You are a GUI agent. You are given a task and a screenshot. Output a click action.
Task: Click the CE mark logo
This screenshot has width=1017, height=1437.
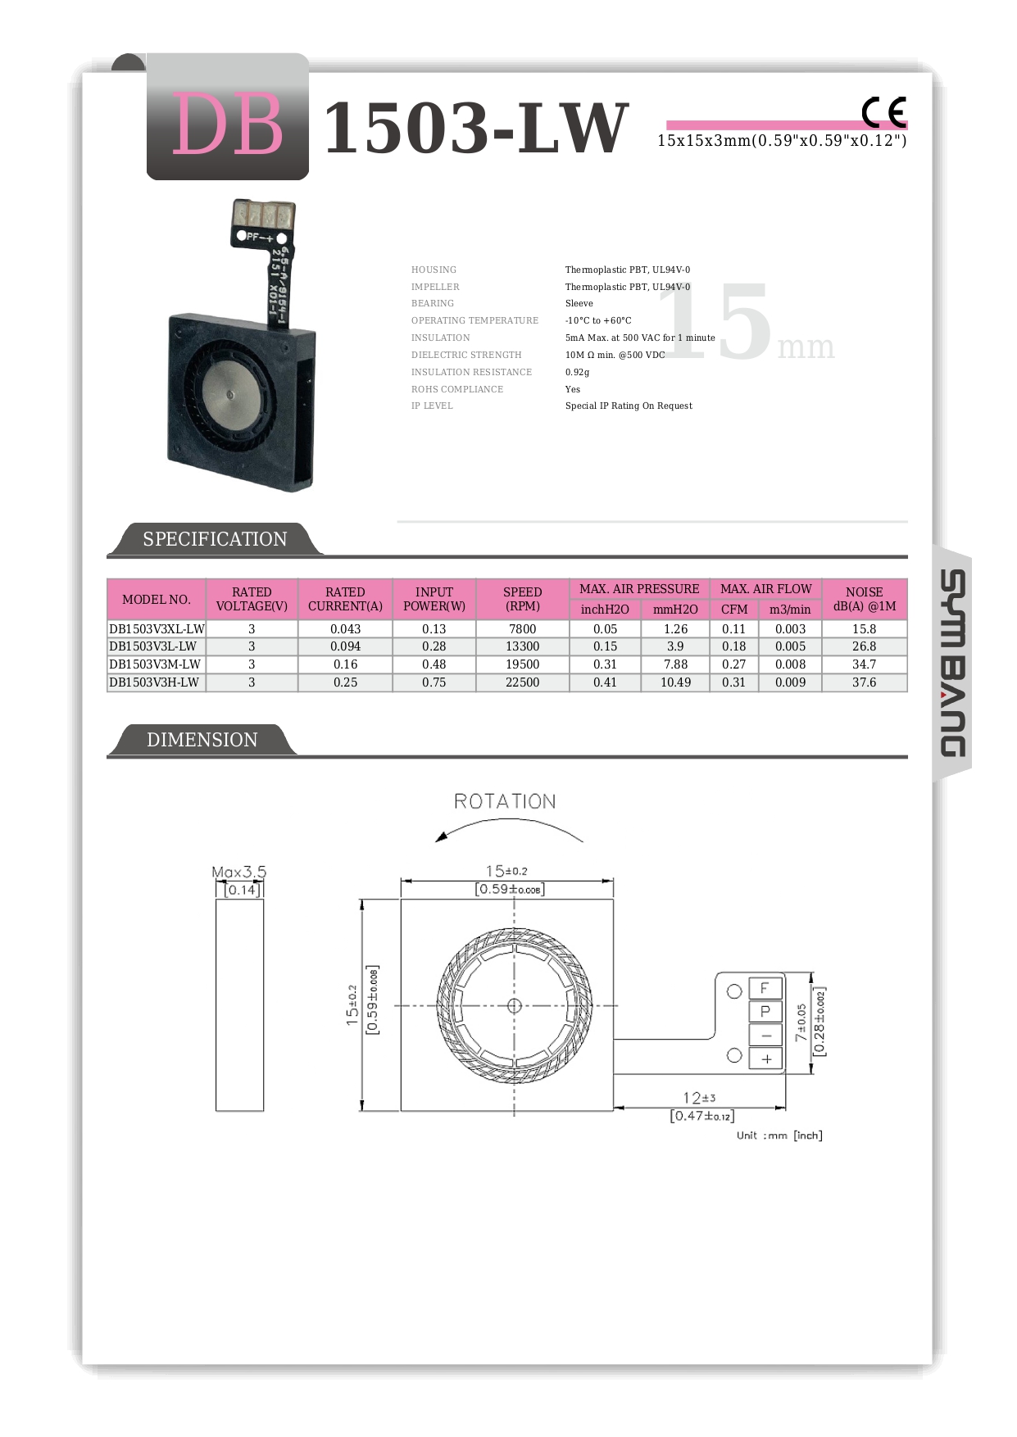(883, 112)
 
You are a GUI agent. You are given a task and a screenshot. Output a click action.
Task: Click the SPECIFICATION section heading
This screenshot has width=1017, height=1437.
(215, 539)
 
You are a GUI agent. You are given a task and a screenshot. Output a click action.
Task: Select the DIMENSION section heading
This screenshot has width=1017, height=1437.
(202, 740)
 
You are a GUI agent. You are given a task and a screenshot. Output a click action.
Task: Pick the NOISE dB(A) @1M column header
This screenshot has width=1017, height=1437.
(864, 599)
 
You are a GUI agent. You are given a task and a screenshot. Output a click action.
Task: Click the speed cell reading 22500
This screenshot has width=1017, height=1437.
(522, 682)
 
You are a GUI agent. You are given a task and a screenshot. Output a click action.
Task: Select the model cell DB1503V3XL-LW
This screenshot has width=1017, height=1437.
(157, 629)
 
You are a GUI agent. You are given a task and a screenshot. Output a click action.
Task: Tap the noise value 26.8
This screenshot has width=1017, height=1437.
(864, 646)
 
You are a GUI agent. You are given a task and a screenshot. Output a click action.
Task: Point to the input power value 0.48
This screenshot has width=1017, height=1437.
(434, 664)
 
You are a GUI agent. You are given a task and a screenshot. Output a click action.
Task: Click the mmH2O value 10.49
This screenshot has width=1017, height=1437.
(675, 682)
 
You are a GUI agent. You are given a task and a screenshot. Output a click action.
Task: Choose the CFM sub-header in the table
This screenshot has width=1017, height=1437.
(734, 610)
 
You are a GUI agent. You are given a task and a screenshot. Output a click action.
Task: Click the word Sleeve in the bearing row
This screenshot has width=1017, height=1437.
(579, 303)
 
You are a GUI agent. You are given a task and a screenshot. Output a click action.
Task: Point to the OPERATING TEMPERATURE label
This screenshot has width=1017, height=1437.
(474, 320)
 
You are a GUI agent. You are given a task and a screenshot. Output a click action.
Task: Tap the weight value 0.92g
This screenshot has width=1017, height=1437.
(577, 372)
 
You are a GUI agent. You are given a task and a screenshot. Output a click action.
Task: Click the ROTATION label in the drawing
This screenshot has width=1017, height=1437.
(505, 801)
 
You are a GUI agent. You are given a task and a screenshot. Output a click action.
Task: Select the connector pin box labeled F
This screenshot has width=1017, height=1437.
(765, 988)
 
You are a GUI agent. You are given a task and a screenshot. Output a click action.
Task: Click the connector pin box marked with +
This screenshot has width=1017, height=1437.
(766, 1059)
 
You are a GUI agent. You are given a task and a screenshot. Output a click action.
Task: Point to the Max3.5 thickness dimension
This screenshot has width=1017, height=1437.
(238, 872)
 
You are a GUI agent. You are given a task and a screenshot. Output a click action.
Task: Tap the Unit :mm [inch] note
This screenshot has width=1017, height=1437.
(779, 1136)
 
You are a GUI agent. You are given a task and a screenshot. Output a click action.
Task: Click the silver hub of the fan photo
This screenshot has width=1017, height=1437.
(229, 395)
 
